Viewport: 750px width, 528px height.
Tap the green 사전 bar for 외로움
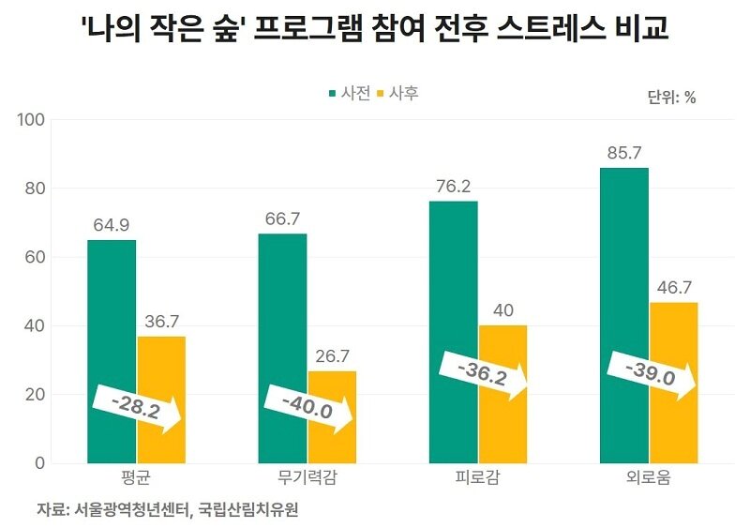[x=623, y=281]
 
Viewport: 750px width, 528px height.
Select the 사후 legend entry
[x=397, y=94]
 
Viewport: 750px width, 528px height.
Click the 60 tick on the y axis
[x=37, y=257]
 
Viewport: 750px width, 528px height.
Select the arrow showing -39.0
[x=651, y=374]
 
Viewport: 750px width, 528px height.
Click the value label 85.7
[x=623, y=153]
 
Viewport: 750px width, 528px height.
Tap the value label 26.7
[x=332, y=356]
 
